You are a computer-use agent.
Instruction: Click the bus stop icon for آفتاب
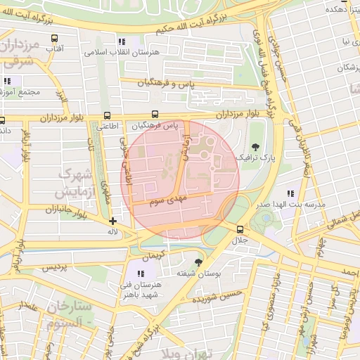pyautogui.click(x=55, y=39)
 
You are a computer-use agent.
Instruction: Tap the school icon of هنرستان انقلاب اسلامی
pyautogui.click(x=122, y=42)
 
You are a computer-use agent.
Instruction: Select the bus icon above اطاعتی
pyautogui.click(x=107, y=116)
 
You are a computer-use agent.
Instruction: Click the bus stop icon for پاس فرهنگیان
pyautogui.click(x=155, y=115)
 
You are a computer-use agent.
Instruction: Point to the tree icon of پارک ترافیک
pyautogui.click(x=255, y=146)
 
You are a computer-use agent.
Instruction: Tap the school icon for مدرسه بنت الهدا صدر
pyautogui.click(x=290, y=193)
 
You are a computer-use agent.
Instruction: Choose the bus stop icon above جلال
pyautogui.click(x=240, y=229)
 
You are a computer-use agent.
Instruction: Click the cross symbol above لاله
pyautogui.click(x=112, y=221)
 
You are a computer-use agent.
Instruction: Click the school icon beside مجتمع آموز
pyautogui.click(x=7, y=81)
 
